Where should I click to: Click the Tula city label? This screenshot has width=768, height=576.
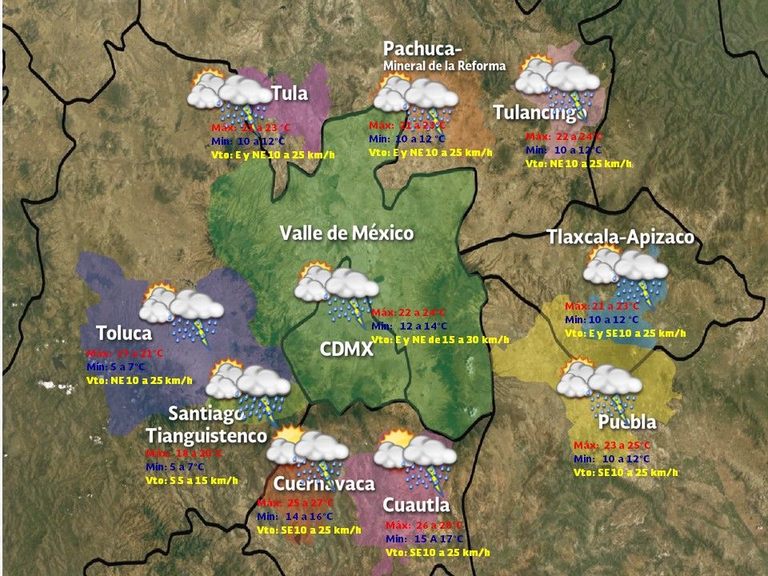click(289, 94)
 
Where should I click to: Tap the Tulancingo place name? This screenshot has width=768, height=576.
click(539, 113)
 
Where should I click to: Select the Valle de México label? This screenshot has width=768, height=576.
click(346, 234)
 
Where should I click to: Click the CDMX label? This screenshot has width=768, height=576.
click(346, 349)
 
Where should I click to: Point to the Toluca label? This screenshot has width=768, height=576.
click(123, 333)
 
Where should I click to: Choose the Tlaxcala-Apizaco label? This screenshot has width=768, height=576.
click(620, 238)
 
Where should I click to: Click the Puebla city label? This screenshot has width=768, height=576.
click(626, 422)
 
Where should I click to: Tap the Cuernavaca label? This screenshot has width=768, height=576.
click(323, 485)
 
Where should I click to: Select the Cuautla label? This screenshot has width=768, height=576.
click(415, 505)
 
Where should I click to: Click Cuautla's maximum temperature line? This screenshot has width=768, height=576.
click(424, 526)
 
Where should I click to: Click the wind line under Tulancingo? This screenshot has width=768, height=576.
click(578, 163)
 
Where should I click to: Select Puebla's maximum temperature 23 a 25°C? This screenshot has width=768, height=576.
click(612, 446)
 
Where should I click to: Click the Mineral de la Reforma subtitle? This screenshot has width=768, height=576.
click(444, 66)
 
